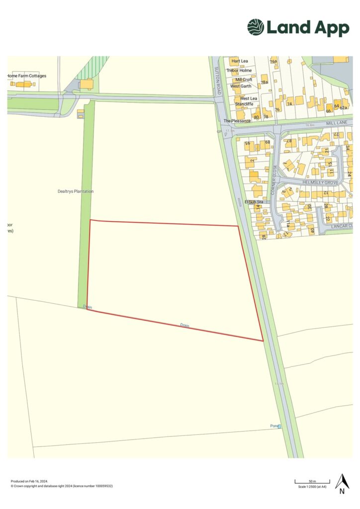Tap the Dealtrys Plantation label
(x=76, y=191)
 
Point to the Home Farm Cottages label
(x=27, y=76)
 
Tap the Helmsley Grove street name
(x=320, y=183)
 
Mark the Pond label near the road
(x=275, y=426)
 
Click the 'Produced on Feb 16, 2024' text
(x=30, y=481)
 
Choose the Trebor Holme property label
(x=239, y=71)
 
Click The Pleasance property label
(x=237, y=121)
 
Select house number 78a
(x=265, y=82)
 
